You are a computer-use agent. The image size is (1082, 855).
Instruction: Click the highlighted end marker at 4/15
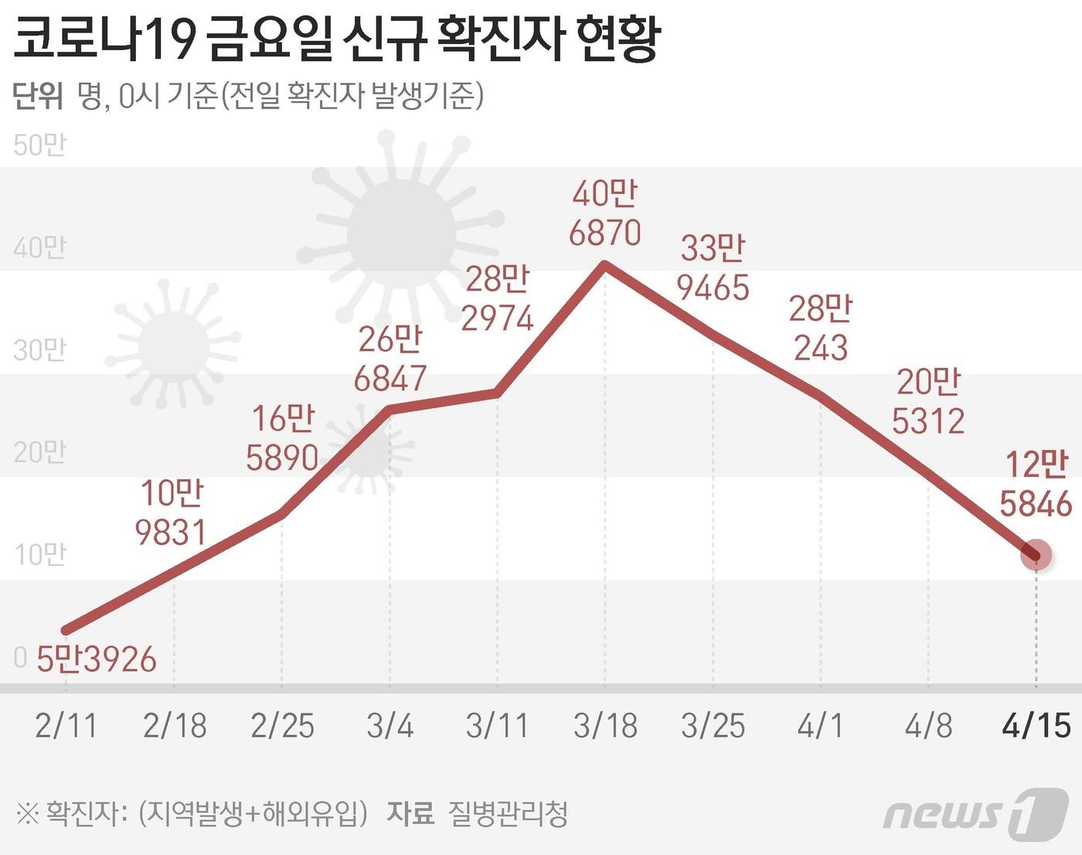(1036, 554)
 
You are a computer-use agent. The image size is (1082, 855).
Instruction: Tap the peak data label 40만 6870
(605, 213)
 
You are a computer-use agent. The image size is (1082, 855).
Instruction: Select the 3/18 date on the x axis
(605, 726)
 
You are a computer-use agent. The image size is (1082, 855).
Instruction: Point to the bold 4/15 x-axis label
(1036, 726)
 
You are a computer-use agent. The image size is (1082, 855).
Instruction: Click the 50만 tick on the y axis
(39, 145)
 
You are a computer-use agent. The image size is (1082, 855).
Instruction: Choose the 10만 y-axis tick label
(39, 554)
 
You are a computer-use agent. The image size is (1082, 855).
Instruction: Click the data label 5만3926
(97, 659)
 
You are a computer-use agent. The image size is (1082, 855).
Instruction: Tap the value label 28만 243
(821, 329)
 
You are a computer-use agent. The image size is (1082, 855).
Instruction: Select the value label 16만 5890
(283, 438)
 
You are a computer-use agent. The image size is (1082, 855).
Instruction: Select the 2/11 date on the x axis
(66, 726)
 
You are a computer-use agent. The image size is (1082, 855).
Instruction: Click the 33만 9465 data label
(713, 268)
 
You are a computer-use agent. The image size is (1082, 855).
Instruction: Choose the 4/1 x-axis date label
(821, 726)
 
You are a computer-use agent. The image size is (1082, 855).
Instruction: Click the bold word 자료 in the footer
(410, 813)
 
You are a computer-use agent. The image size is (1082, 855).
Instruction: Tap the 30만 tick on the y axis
(39, 349)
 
